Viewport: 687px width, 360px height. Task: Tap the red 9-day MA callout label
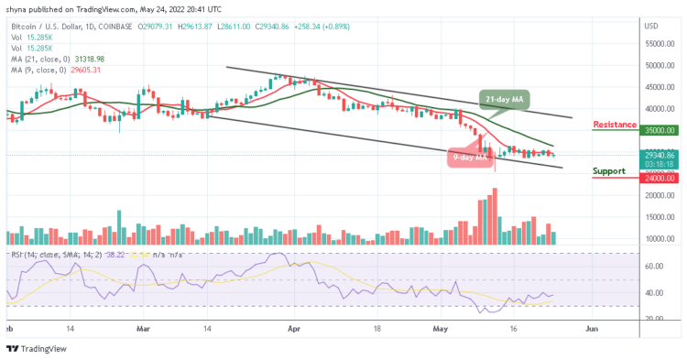466,158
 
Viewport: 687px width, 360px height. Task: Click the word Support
611,170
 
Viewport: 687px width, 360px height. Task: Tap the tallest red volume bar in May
495,216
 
